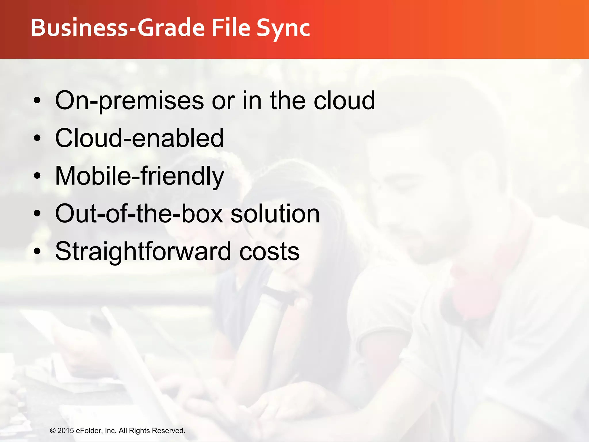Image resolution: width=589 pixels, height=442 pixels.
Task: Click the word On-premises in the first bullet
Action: [129, 101]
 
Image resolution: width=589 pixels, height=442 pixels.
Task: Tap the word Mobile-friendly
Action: [139, 176]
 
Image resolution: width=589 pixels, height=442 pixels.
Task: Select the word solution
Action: [275, 214]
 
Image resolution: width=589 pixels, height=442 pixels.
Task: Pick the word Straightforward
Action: [143, 252]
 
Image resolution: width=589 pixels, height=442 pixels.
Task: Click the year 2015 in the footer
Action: [66, 430]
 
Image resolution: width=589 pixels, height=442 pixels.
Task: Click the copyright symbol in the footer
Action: [53, 431]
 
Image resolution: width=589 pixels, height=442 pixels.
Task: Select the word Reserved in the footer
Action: [169, 430]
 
